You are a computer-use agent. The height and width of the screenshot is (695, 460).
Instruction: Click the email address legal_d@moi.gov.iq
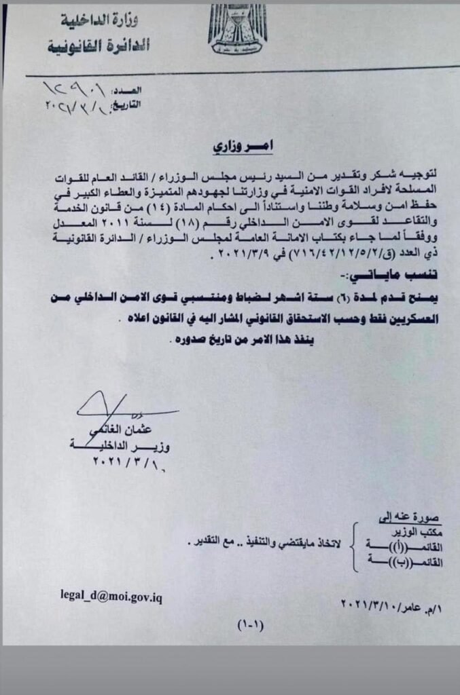tap(111, 595)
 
